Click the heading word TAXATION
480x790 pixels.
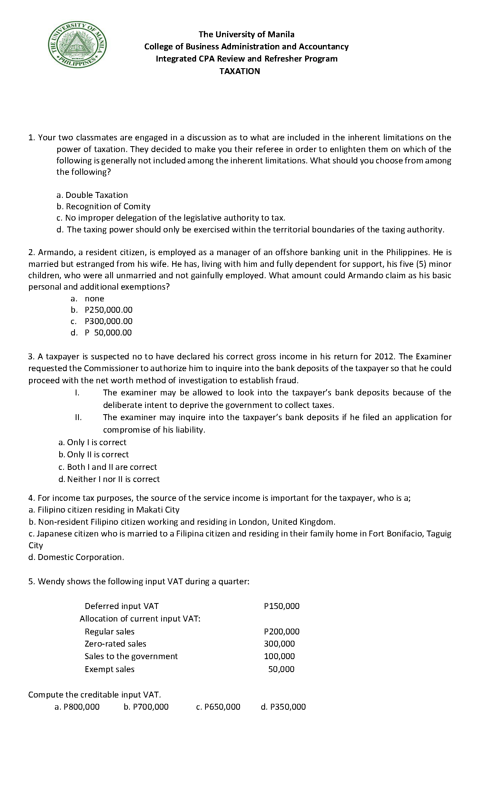240,71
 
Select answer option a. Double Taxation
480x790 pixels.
93,195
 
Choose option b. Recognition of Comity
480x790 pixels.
104,207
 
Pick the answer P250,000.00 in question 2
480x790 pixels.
109,310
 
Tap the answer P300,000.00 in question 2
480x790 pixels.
109,321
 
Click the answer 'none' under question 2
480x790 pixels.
95,299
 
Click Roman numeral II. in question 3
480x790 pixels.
78,417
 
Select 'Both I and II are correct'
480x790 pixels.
108,467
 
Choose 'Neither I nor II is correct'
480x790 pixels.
109,479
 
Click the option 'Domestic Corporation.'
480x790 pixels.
76,557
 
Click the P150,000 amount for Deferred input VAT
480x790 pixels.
282,606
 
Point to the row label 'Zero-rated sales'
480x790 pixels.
115,644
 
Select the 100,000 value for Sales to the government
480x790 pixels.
279,656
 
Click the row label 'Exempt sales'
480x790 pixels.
109,669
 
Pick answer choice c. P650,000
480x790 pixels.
218,707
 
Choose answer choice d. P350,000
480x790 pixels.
283,707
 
